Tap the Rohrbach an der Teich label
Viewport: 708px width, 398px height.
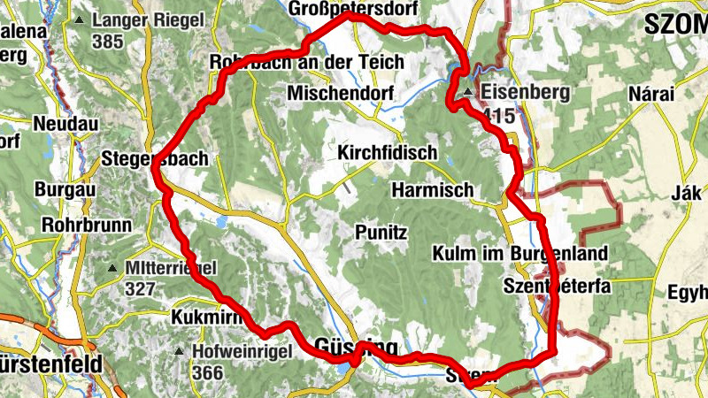pyautogui.click(x=306, y=63)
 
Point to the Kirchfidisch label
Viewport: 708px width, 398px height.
pyautogui.click(x=388, y=153)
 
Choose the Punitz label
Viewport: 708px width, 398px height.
pyautogui.click(x=381, y=233)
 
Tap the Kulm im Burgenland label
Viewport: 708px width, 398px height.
pyautogui.click(x=519, y=254)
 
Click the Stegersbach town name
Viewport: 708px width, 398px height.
pyautogui.click(x=155, y=159)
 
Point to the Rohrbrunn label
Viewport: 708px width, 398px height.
pyautogui.click(x=86, y=226)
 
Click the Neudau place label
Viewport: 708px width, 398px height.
pyautogui.click(x=65, y=123)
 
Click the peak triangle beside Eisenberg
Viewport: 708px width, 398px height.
pyautogui.click(x=468, y=90)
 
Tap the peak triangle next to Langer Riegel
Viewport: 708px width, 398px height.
pyautogui.click(x=81, y=19)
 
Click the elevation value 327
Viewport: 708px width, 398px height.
pyautogui.click(x=140, y=288)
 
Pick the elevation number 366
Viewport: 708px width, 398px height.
pyautogui.click(x=206, y=373)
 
